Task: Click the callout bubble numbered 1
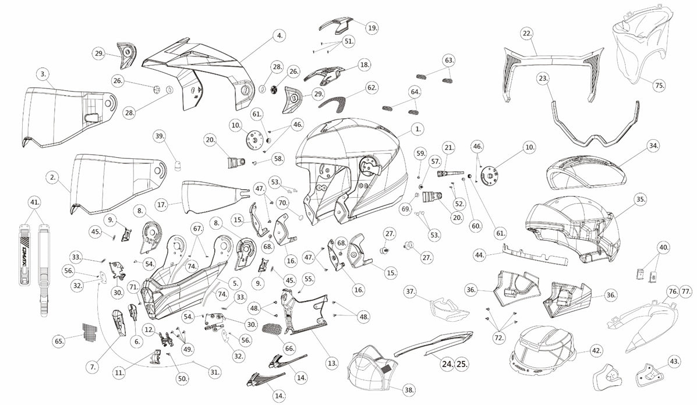click(x=418, y=128)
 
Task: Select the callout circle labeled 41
click(x=35, y=203)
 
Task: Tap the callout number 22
click(x=527, y=34)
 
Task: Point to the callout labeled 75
click(x=659, y=85)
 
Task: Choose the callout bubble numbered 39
click(x=160, y=136)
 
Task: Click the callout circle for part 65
click(x=58, y=341)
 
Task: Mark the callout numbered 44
click(x=479, y=254)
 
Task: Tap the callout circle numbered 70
click(x=282, y=203)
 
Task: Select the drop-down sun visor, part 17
click(x=213, y=198)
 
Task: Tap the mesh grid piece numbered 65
click(x=89, y=332)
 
